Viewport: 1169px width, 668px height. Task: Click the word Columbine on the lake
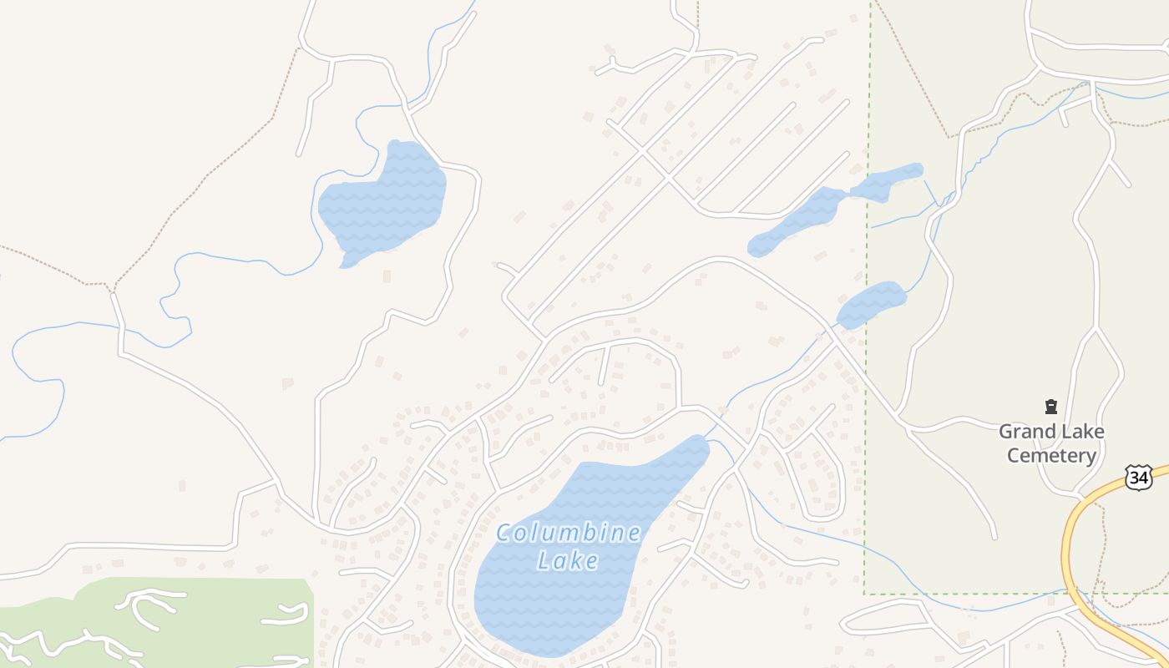(x=569, y=533)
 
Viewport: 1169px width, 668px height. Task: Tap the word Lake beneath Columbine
(x=569, y=560)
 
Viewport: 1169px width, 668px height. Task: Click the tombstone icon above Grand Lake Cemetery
(x=1051, y=407)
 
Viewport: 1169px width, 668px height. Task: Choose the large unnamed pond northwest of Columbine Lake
(x=384, y=205)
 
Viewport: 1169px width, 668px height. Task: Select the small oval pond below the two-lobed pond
(x=871, y=305)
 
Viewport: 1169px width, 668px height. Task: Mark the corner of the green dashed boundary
(x=864, y=594)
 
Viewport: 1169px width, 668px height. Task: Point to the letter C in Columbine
(x=504, y=533)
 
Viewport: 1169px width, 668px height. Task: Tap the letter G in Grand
(x=1005, y=432)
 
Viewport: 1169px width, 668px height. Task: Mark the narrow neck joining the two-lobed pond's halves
(x=849, y=194)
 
